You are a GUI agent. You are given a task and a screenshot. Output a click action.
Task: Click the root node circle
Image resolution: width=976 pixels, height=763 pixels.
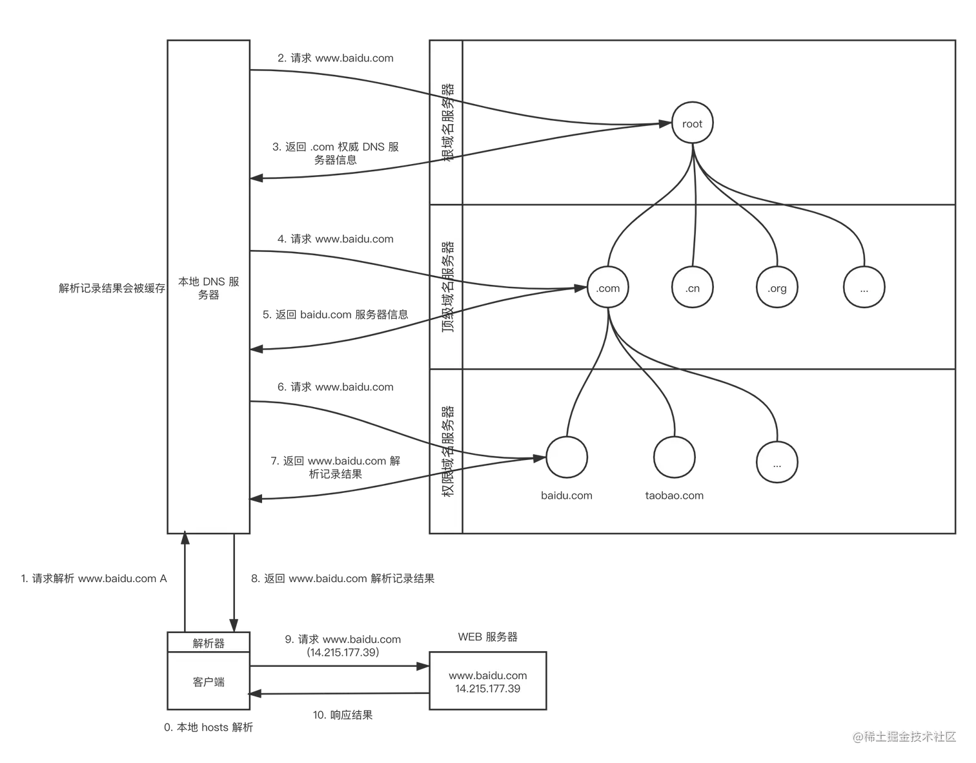point(692,123)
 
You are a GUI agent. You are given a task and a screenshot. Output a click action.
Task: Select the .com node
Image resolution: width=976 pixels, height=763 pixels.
point(608,288)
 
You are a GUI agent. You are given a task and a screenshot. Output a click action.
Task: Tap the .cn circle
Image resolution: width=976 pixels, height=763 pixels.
point(692,288)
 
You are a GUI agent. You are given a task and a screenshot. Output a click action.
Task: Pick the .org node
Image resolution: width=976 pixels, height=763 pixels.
point(777,288)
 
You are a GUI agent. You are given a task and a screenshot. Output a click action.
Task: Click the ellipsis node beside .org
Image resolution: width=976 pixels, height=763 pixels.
point(864,288)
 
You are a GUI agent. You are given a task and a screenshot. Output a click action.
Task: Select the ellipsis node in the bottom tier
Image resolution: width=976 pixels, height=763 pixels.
point(777,463)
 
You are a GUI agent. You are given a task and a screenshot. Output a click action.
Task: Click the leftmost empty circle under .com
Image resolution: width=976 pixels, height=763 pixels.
point(567,457)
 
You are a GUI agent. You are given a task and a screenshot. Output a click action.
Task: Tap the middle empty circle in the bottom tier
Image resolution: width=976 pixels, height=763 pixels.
point(674,457)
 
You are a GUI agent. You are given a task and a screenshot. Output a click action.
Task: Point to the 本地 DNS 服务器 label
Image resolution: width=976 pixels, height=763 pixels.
point(208,288)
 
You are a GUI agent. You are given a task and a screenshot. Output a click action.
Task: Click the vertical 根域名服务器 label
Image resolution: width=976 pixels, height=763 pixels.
point(447,122)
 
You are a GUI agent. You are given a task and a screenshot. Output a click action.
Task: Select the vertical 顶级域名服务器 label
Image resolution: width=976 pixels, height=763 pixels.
point(447,287)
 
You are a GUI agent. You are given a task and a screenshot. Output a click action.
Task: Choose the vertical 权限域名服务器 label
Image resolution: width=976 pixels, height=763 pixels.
point(447,451)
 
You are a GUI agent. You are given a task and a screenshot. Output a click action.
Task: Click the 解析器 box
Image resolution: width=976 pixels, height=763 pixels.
point(208,643)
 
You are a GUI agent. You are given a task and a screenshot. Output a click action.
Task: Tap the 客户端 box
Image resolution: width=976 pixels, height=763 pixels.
point(208,682)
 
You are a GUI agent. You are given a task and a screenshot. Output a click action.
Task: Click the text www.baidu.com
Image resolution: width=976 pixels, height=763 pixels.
point(488,675)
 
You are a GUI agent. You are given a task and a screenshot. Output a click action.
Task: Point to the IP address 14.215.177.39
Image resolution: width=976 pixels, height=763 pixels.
point(488,689)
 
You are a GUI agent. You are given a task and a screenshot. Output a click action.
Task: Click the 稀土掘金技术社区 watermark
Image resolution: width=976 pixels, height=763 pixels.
point(904,735)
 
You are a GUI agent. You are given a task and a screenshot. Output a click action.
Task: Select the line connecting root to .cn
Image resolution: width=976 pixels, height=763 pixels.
point(692,213)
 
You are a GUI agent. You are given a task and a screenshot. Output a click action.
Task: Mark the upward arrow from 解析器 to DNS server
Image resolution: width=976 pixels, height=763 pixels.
point(186,581)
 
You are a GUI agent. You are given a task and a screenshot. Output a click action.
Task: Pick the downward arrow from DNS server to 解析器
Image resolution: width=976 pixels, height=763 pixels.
point(231,581)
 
